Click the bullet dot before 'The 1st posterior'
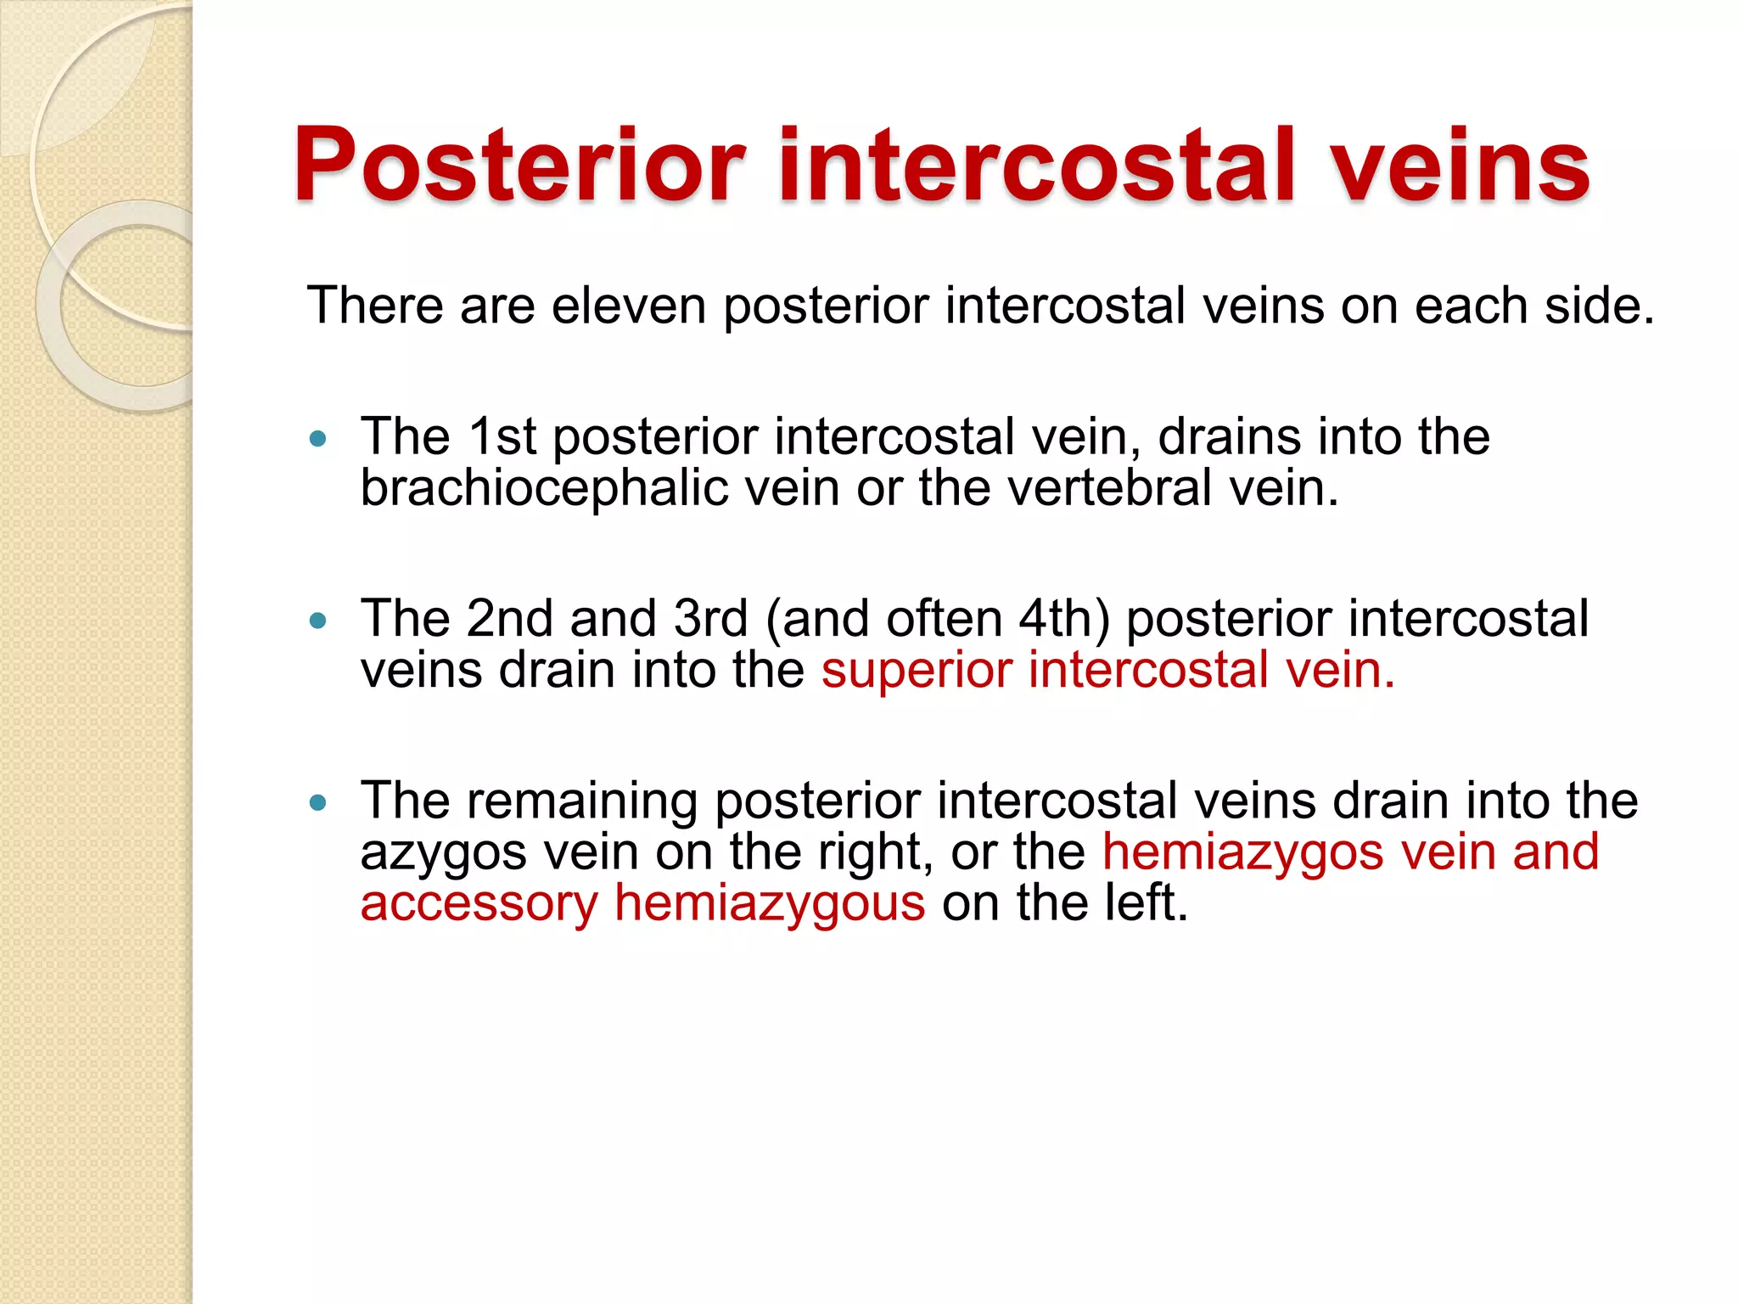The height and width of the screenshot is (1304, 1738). [x=318, y=439]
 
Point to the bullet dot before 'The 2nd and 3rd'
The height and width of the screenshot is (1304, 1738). [x=318, y=621]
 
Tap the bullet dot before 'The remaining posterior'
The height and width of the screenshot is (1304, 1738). [x=318, y=802]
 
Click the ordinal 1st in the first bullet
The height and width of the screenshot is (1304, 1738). [x=502, y=437]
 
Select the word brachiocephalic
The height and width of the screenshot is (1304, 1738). [x=544, y=489]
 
